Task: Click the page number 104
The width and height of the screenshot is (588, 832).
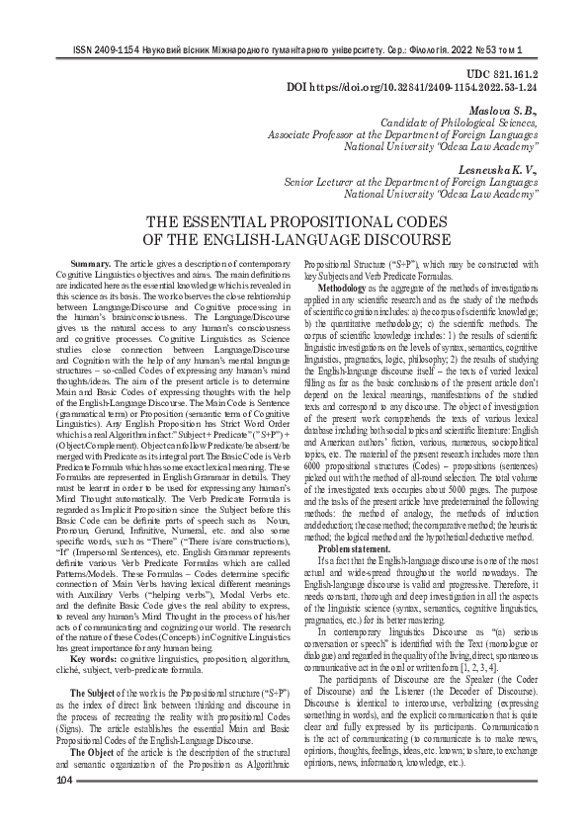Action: [65, 809]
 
